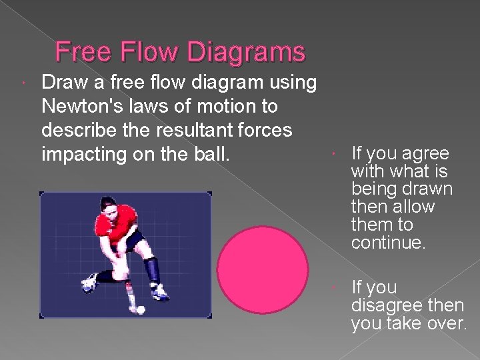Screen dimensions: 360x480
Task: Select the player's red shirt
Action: (x=117, y=227)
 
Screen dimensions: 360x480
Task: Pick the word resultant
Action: (x=205, y=130)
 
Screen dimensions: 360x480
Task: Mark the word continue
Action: (x=387, y=243)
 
